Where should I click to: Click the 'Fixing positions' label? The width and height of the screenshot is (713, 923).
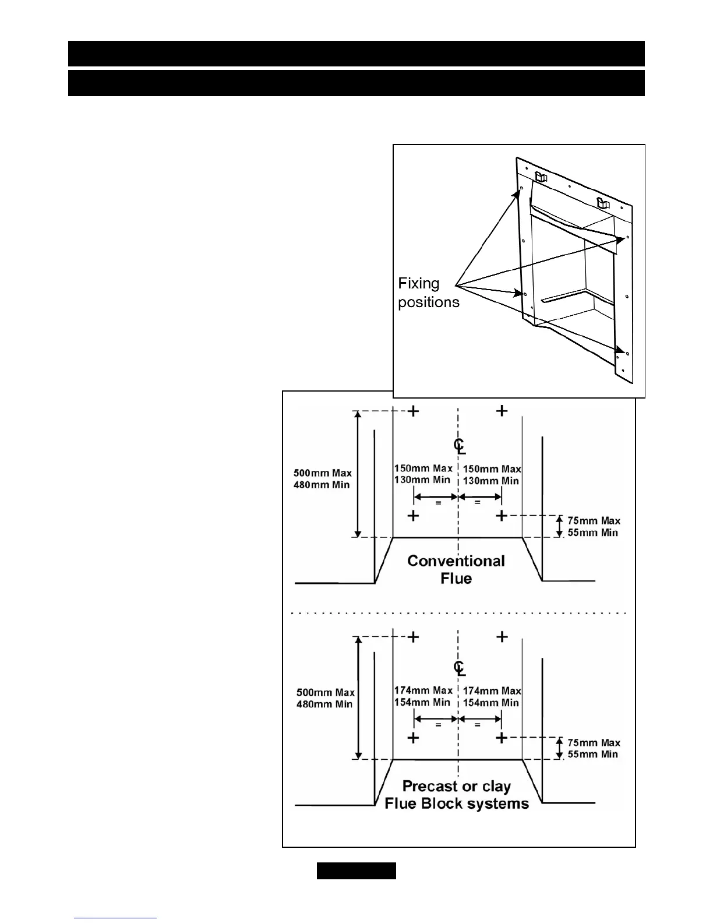coord(428,293)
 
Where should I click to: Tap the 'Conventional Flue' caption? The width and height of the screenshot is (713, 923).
coord(456,569)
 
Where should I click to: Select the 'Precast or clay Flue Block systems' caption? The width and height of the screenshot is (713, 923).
coord(457,795)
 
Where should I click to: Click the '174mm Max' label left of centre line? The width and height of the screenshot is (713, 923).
coord(423,691)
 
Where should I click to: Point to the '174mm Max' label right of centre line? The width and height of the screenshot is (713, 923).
coord(492,691)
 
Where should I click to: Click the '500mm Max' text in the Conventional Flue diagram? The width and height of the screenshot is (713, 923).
coord(322,473)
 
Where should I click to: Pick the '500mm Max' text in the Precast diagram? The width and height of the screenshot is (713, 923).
coord(326,692)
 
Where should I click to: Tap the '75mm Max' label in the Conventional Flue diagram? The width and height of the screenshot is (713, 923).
coord(594,520)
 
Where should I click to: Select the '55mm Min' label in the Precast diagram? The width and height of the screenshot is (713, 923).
coord(592,754)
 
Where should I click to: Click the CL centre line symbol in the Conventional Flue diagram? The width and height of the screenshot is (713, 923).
coord(459,446)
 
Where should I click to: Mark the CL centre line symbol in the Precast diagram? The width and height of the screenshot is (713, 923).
coord(459,668)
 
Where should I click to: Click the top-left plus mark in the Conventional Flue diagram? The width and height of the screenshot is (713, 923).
coord(413,411)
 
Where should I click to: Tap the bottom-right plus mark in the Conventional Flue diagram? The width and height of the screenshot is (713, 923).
coord(502,516)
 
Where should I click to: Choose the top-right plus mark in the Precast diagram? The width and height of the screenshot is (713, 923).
coord(502,637)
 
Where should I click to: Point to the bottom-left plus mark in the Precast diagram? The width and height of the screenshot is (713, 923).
coord(413,738)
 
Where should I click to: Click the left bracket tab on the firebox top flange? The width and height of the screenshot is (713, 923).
coord(541,175)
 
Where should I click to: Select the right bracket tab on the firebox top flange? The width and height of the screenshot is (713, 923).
coord(603,203)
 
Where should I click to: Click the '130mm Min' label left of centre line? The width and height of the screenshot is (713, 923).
coord(422,480)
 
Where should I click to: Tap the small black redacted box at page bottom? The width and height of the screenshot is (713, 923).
coord(356,871)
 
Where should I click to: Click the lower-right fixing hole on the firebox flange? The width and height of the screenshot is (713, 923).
coord(627,353)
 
